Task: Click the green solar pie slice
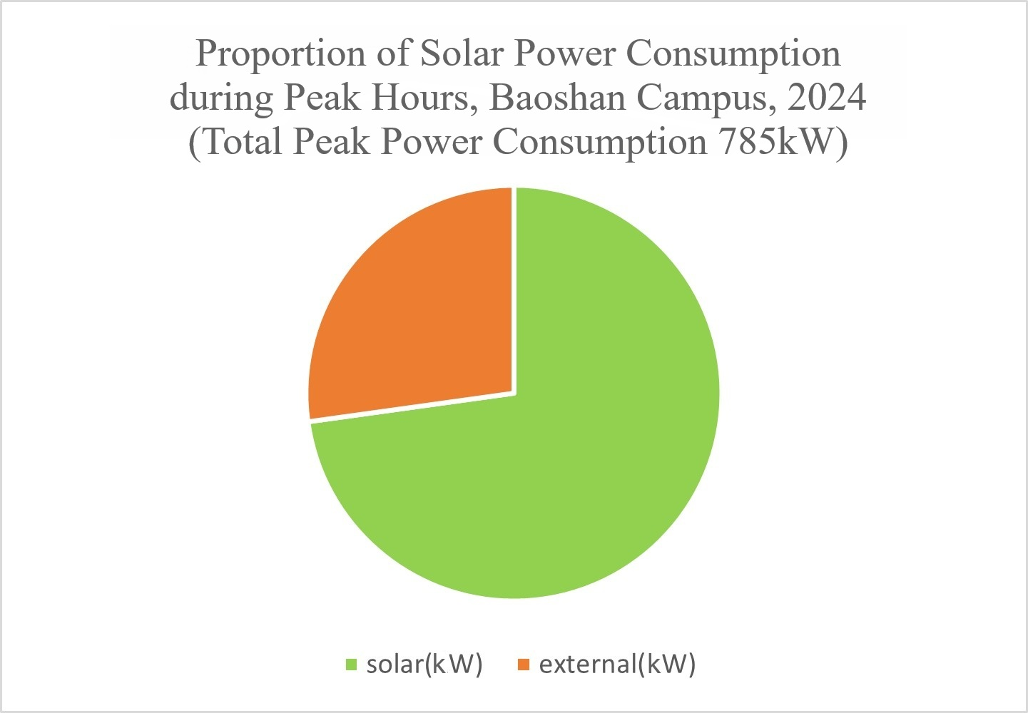pos(542,456)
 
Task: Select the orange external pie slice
pos(421,314)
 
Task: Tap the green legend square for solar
pos(350,665)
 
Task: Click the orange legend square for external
pos(524,665)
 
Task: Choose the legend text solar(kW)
pos(424,665)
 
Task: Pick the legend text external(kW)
pos(617,665)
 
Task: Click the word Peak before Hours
pos(322,98)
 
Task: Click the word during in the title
pos(220,98)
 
